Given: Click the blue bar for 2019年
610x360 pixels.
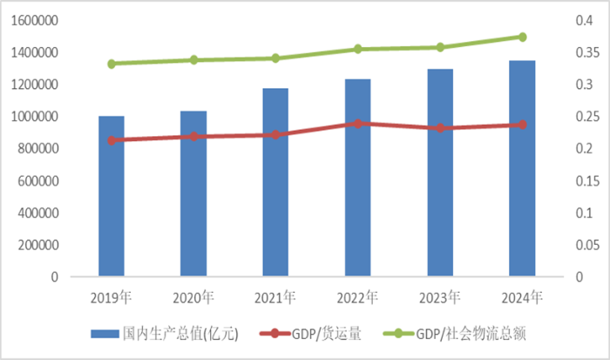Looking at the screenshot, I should pyautogui.click(x=111, y=196).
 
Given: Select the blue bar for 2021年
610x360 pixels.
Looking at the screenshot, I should pyautogui.click(x=275, y=182).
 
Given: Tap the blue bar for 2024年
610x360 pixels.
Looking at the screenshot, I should pyautogui.click(x=522, y=168).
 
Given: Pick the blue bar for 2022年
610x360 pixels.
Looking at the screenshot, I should pyautogui.click(x=357, y=178).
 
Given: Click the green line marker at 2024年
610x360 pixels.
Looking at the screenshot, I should pyautogui.click(x=522, y=37).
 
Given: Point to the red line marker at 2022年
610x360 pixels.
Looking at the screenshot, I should pyautogui.click(x=357, y=124).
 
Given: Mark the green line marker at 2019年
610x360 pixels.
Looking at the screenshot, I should pyautogui.click(x=111, y=64).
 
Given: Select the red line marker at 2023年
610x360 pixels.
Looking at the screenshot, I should pyautogui.click(x=440, y=128).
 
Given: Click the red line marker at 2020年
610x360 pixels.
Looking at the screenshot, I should pyautogui.click(x=193, y=137).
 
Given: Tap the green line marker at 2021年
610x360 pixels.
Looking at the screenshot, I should pyautogui.click(x=275, y=58).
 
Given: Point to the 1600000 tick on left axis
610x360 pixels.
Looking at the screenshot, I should pyautogui.click(x=36, y=21).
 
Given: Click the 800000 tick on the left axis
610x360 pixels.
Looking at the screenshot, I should pyautogui.click(x=39, y=149).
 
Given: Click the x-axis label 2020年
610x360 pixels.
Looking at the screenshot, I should pyautogui.click(x=193, y=297).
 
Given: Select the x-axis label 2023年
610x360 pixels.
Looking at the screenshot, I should pyautogui.click(x=440, y=297).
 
